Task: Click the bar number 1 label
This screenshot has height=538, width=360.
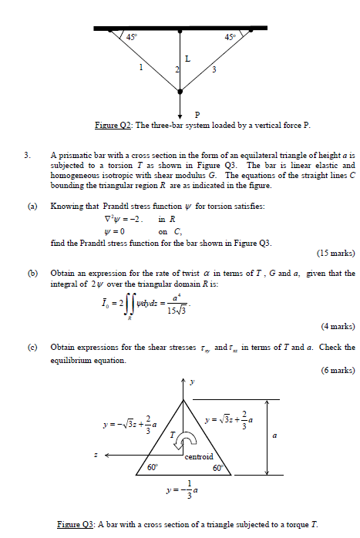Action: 140,69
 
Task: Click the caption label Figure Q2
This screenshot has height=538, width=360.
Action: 111,125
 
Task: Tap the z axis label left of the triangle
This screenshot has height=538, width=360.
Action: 94,454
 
